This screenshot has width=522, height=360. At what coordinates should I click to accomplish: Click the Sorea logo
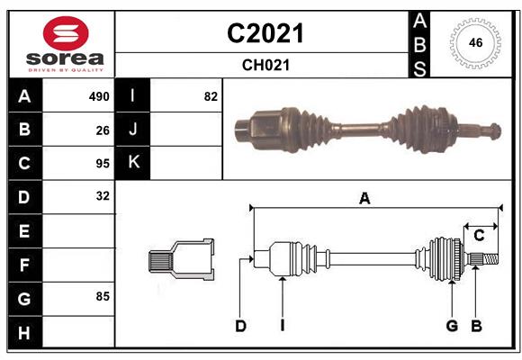click(61, 44)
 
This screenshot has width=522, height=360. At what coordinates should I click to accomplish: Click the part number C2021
click(265, 33)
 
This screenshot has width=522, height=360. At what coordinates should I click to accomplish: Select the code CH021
click(265, 65)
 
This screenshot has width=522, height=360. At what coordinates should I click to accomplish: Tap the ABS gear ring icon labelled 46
click(473, 42)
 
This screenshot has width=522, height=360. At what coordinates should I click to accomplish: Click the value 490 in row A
click(98, 96)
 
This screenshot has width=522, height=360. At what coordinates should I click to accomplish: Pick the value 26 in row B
click(103, 130)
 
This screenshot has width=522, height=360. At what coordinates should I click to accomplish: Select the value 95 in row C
click(103, 164)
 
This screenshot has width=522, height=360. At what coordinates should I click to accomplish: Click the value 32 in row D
click(103, 195)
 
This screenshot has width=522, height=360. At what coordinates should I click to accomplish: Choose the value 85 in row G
click(103, 295)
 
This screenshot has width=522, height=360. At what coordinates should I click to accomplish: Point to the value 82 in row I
click(211, 96)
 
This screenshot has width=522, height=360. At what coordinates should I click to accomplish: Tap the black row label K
click(133, 163)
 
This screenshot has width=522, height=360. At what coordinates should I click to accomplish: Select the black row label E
click(24, 231)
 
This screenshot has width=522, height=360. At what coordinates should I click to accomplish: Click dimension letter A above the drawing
click(364, 199)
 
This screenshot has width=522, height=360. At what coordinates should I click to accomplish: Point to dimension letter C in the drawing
click(479, 236)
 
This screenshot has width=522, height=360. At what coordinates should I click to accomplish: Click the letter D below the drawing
click(240, 326)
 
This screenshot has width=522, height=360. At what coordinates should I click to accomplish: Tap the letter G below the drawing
click(452, 326)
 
